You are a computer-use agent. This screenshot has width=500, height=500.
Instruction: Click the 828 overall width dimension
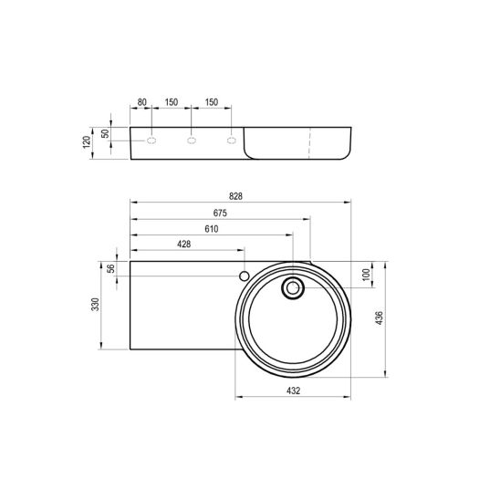point(235,196)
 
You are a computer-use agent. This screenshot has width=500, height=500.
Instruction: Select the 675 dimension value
point(220,213)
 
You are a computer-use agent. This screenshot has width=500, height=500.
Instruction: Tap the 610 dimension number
point(212,229)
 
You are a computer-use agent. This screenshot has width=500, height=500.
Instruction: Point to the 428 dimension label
point(184,245)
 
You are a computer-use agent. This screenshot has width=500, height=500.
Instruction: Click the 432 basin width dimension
point(294,391)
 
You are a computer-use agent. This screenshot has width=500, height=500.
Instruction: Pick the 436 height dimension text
point(379,318)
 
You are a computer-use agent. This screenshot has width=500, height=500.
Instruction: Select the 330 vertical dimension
point(95,305)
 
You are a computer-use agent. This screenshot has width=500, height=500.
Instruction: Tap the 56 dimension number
point(111,268)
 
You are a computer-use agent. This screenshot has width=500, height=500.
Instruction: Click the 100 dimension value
point(367,275)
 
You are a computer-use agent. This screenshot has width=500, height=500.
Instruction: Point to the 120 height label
point(87,142)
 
